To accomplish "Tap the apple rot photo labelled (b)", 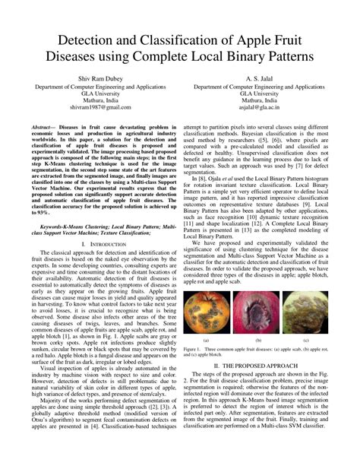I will coord(259,309).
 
